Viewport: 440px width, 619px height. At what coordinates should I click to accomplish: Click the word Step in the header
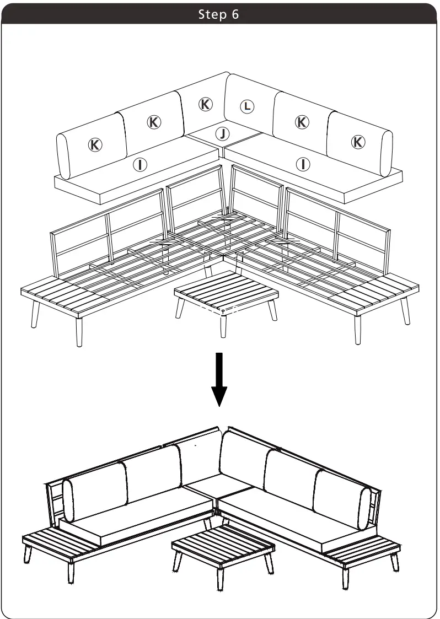pos(210,14)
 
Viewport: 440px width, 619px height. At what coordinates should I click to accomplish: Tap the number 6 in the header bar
pos(235,14)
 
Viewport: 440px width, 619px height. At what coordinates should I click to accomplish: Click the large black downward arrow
pos(219,380)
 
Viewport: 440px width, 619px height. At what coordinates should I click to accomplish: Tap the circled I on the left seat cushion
pos(142,164)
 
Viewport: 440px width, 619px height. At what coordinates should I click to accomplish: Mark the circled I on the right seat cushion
pos(303,164)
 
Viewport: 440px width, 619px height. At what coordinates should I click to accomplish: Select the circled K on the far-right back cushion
pos(358,142)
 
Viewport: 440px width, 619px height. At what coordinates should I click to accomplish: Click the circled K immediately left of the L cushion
pos(205,104)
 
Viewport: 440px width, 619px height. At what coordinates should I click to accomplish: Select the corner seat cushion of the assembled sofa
pos(218,485)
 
